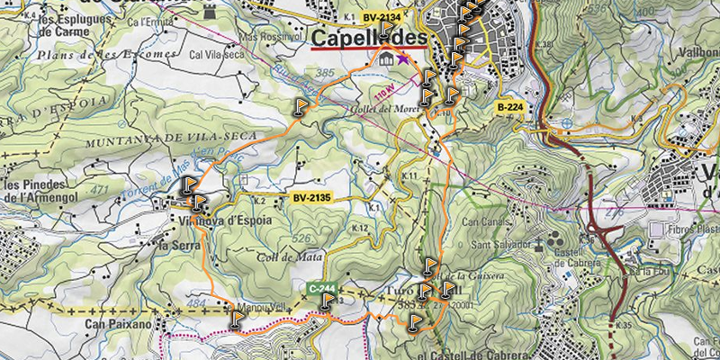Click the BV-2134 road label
[x=383, y=16]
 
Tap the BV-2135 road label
[x=313, y=197]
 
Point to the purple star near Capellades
[x=402, y=58]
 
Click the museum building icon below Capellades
[x=386, y=59]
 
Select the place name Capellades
[x=369, y=39]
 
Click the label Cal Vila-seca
[x=218, y=53]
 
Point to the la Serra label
[x=176, y=244]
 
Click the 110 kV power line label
[x=384, y=94]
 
